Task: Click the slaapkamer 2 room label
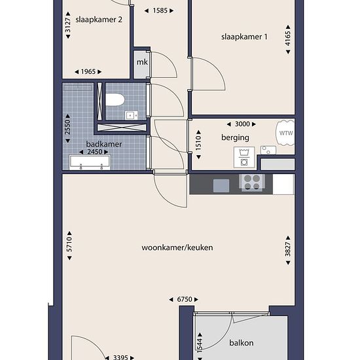pos(99,20)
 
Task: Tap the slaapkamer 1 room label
pos(244,37)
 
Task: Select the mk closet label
pos(142,62)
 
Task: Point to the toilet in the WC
pos(115,100)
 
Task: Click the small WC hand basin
pos(132,115)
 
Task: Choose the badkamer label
pos(104,144)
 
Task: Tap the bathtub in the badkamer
pos(90,162)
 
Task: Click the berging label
pos(235,137)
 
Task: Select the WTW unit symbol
pos(285,133)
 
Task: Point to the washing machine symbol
pos(244,157)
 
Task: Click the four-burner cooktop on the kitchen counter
pos(252,183)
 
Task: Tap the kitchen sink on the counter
pos(221,185)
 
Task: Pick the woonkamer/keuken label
pos(177,247)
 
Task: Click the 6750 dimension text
pos(185,299)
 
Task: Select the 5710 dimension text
pos(69,245)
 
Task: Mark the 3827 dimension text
pos(288,249)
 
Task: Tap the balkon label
pos(242,343)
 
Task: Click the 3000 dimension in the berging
pos(242,124)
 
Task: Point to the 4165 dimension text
pos(288,39)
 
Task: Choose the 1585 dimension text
pos(160,10)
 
